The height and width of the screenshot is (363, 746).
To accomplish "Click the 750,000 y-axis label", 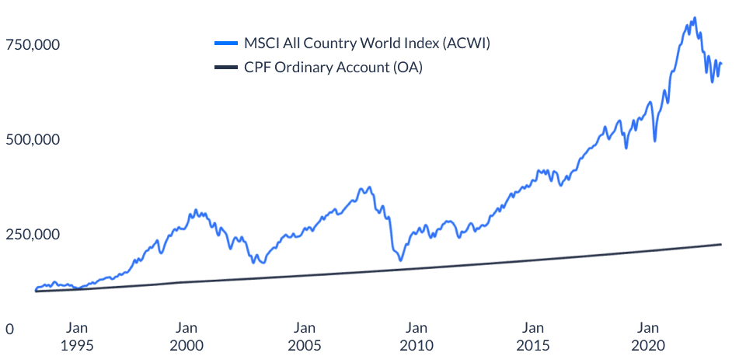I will coord(33,45).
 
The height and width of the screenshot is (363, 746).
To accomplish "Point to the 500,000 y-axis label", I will coord(33,140).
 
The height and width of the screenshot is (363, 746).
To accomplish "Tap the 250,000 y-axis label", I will coord(33,235).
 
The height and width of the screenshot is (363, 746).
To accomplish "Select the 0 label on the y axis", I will coord(9,330).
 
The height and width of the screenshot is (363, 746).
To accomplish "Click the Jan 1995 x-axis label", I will coord(77,336).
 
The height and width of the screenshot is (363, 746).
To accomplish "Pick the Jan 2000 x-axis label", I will coord(186,336).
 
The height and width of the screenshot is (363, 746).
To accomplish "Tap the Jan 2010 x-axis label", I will coord(417,336).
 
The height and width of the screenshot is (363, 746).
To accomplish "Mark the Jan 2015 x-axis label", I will coord(533,336).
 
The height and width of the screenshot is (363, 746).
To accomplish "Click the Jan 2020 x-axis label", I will coord(649,336).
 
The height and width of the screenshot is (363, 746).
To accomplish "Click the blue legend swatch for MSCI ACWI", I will coord(225,44).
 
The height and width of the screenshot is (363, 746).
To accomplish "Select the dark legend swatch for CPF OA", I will coord(225,68).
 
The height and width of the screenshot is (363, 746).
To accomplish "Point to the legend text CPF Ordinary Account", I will coord(333,68).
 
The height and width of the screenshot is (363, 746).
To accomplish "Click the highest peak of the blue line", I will coord(694,18).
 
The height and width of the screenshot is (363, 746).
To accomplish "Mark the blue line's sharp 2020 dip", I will coord(655,141).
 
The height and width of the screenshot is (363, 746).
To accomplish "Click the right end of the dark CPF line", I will coord(721,244).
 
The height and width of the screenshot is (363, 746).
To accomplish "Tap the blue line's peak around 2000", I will coord(196,210).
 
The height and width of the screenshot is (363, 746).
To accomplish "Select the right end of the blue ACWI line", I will coord(721,64).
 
